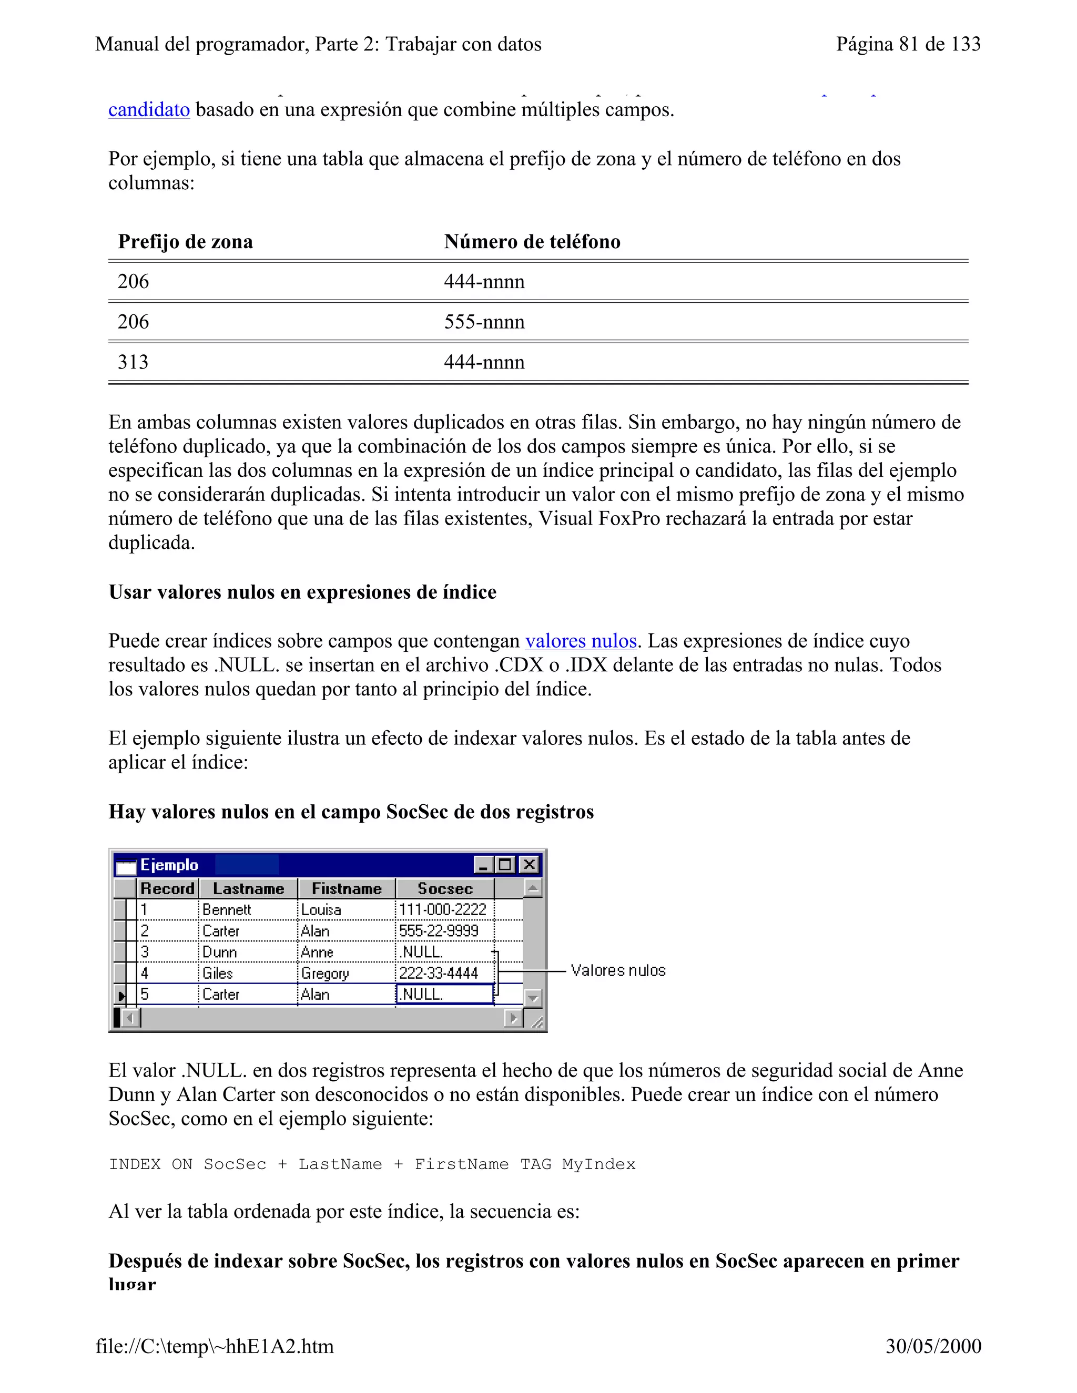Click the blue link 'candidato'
[x=149, y=110]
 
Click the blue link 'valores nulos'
[x=581, y=640]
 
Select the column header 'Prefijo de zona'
[x=185, y=242]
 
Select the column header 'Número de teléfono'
[x=532, y=242]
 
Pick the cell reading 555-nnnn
[x=484, y=322]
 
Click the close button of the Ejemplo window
[x=529, y=864]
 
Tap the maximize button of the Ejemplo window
[x=506, y=864]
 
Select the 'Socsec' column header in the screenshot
[x=445, y=888]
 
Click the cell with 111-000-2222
[x=443, y=909]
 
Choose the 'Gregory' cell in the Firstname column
[x=325, y=974]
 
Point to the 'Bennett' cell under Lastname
[x=227, y=909]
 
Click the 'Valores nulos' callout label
[x=617, y=971]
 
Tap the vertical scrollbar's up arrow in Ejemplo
[x=533, y=888]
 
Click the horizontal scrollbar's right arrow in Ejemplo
[x=513, y=1018]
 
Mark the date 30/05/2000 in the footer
[x=933, y=1346]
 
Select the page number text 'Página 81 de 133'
[x=908, y=44]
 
